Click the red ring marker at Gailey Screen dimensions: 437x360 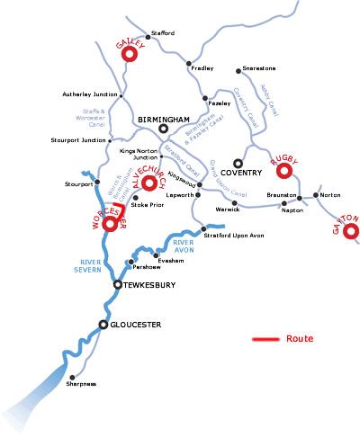[x=128, y=55]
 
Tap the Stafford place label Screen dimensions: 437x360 [x=163, y=33]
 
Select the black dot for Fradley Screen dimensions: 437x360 [x=188, y=64]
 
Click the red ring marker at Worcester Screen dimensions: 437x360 [x=112, y=223]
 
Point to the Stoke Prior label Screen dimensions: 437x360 [x=148, y=205]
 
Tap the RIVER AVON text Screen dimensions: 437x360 [x=184, y=246]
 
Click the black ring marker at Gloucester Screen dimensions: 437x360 [x=104, y=324]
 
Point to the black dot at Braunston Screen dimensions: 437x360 [x=300, y=196]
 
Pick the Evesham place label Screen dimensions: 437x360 [x=171, y=260]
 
